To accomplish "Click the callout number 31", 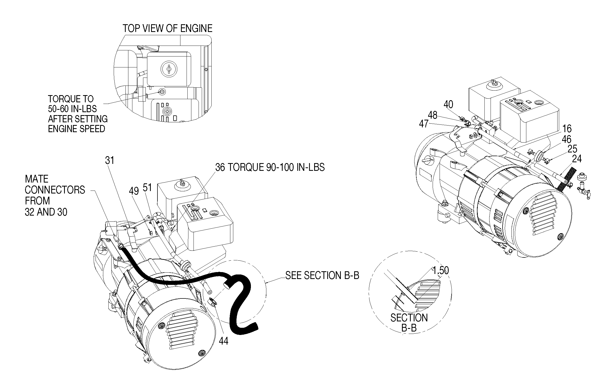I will click(x=110, y=160).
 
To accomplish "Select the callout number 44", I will click(x=224, y=341).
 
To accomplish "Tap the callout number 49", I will click(x=134, y=191).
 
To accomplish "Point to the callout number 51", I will click(x=147, y=188).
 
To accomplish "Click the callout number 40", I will click(x=449, y=104).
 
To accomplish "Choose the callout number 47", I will click(x=424, y=124).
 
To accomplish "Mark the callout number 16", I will click(x=567, y=129).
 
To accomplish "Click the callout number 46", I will click(x=566, y=139).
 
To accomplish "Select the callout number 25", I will click(x=573, y=149).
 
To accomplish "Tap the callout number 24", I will click(x=577, y=159).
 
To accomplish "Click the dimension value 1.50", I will click(x=441, y=270).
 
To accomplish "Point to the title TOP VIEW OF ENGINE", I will click(x=167, y=29).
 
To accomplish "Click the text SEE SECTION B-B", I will click(x=322, y=276).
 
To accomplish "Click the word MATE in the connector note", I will click(x=37, y=179).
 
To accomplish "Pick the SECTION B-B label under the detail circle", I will click(x=409, y=323).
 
